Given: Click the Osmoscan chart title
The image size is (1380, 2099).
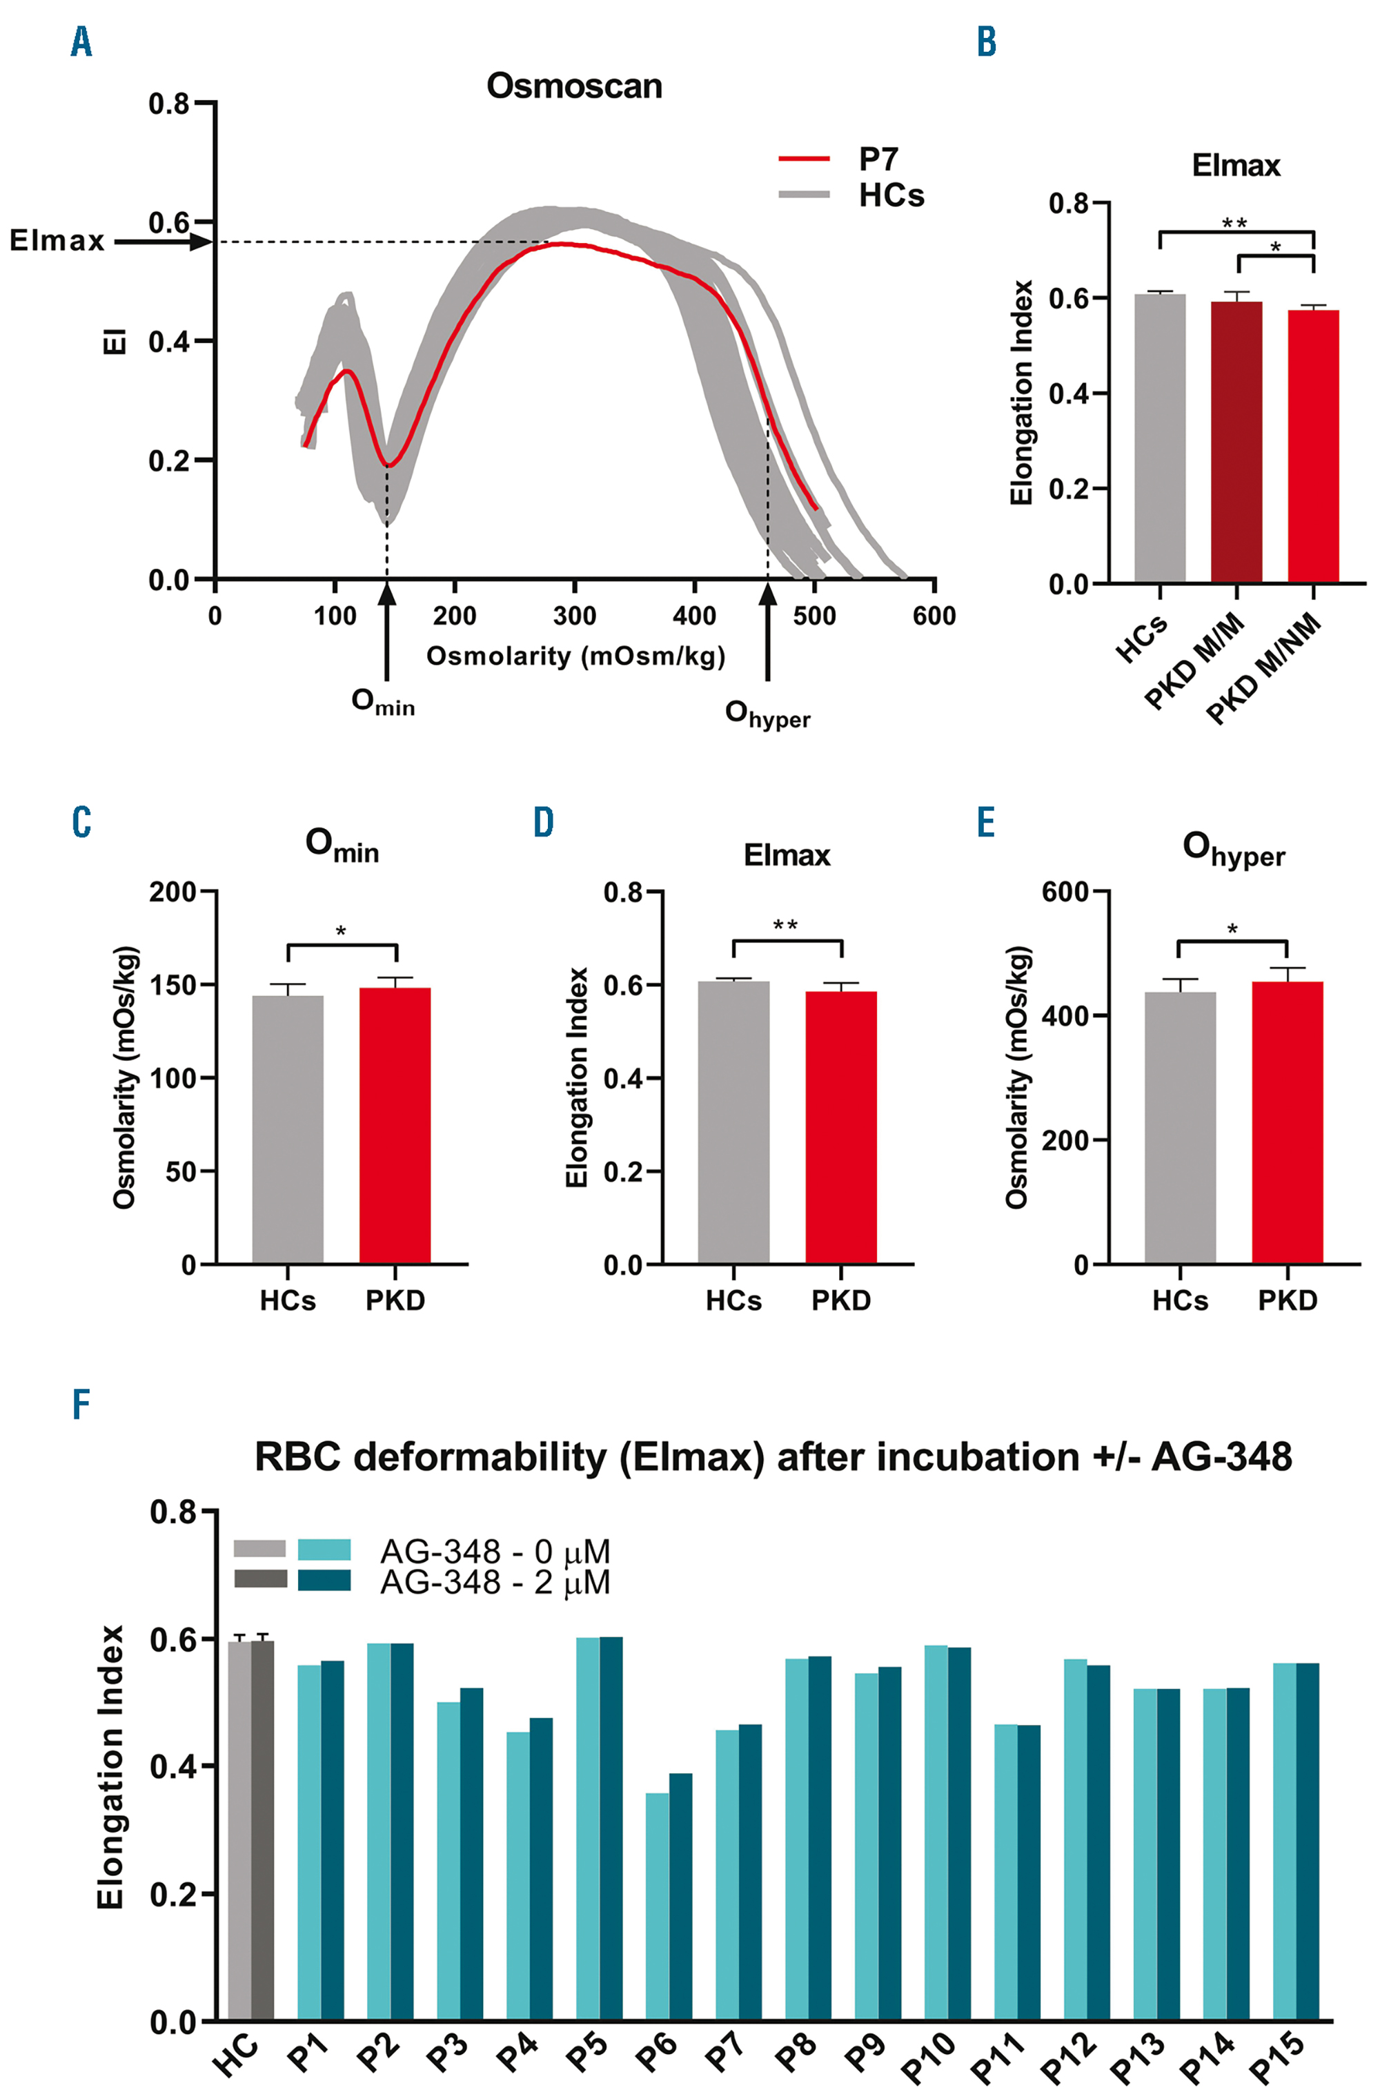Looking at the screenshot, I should tap(574, 86).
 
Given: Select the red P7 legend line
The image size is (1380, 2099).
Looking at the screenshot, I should tap(803, 159).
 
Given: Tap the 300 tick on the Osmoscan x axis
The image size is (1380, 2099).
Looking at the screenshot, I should tap(574, 616).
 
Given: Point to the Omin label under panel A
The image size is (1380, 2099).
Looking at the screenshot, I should tap(383, 702).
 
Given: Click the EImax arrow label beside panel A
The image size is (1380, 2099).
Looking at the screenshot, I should tap(57, 241).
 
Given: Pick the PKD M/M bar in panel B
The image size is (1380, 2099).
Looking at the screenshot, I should tap(1236, 441).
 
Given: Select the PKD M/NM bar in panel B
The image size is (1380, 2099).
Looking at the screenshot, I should tap(1313, 445).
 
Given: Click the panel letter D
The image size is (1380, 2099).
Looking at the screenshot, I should tap(543, 822).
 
